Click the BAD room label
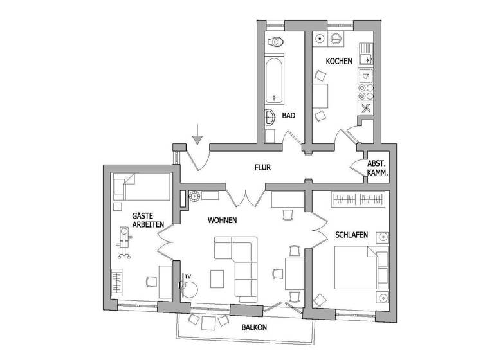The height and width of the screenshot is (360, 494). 289,116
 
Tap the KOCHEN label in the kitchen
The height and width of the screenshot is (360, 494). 338,62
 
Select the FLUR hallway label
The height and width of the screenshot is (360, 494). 262,168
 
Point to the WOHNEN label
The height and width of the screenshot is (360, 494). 223,221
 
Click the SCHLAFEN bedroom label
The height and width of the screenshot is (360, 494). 351,235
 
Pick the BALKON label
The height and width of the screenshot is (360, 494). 254,327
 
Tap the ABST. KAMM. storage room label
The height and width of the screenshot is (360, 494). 376,168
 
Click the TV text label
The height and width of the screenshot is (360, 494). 188,276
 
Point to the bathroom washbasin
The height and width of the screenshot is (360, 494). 270,118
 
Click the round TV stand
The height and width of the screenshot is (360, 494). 190,288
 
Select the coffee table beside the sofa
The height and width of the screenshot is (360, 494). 218,278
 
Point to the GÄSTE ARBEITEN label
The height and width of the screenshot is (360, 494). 148,219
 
